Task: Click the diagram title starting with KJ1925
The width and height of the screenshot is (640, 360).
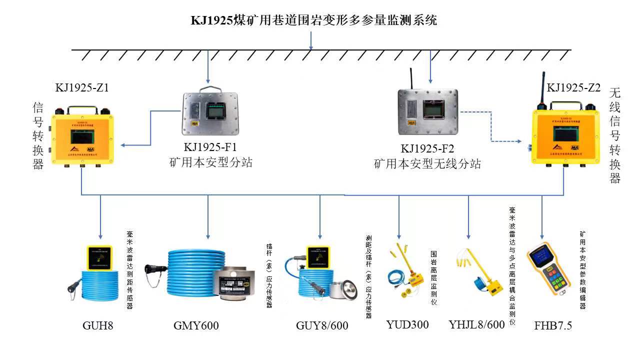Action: click(x=314, y=20)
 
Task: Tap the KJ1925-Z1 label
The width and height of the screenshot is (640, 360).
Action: click(x=82, y=88)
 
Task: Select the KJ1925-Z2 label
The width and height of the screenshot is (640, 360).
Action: click(x=573, y=88)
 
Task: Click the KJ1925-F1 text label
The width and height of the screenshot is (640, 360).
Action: click(x=210, y=147)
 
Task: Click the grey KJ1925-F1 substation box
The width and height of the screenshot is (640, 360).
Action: click(x=210, y=113)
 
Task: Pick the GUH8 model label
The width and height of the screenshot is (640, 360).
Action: click(x=98, y=326)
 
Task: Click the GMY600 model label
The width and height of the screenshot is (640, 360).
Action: click(x=196, y=326)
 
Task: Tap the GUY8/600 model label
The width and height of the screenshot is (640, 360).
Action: click(x=322, y=326)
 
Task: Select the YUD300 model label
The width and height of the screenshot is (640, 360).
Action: click(x=407, y=324)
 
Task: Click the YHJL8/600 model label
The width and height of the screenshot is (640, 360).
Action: click(x=476, y=324)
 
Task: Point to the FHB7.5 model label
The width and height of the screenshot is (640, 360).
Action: click(x=553, y=326)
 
